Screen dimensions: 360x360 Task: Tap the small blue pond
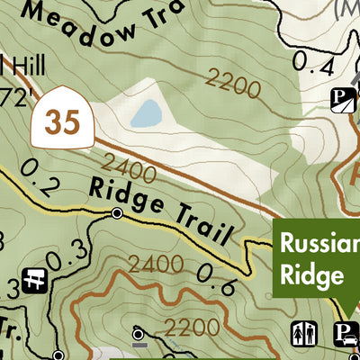point(147,113)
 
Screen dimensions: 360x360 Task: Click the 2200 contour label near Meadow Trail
point(232,84)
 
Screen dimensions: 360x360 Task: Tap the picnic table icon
point(37,279)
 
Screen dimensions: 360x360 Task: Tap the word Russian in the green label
point(318,243)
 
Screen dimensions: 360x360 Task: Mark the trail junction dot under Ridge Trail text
point(116,213)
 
